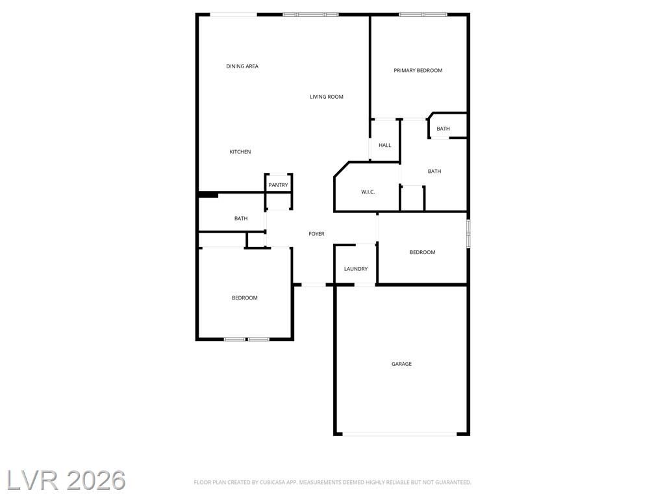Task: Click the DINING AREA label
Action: [242, 66]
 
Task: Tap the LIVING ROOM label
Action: [327, 97]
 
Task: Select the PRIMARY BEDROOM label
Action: [418, 70]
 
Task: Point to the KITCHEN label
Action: [240, 152]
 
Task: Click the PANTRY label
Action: [278, 185]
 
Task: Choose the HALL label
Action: [385, 145]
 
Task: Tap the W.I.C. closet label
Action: [368, 192]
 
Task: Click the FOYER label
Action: [316, 234]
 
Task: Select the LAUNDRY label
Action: [356, 269]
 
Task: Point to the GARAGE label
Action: [401, 364]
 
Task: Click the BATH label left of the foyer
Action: [241, 218]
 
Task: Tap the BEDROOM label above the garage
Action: [422, 253]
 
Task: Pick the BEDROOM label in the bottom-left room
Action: [245, 298]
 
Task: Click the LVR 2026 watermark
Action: [66, 480]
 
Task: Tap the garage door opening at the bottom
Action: [399, 434]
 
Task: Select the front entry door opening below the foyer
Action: [314, 285]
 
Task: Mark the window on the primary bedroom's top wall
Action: [423, 15]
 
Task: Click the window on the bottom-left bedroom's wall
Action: [246, 339]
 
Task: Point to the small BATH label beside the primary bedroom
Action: [443, 129]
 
